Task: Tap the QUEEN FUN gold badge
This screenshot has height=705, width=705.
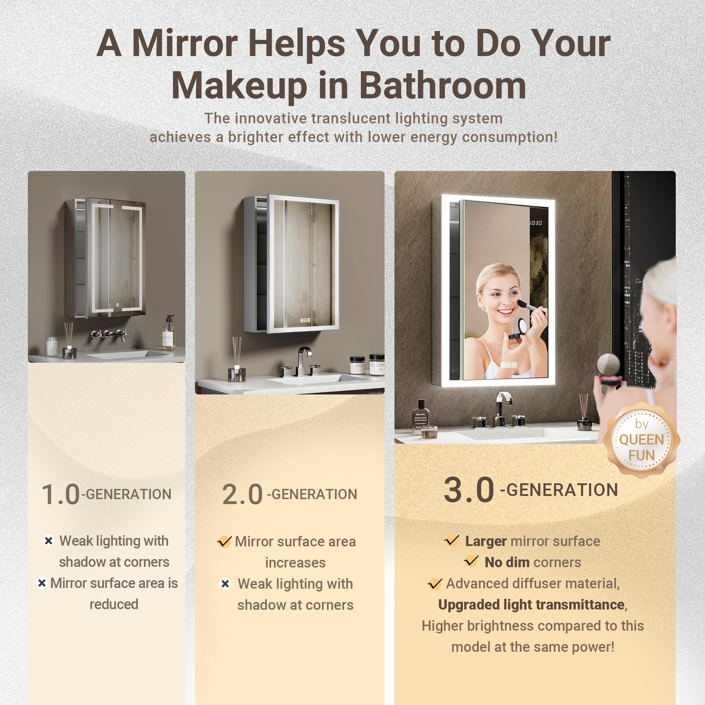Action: click(641, 440)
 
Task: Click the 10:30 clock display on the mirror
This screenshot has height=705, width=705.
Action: click(536, 222)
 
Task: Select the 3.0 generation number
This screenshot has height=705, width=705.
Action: click(468, 490)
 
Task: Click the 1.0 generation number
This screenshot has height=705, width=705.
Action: click(60, 495)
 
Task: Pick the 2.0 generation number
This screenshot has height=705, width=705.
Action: click(242, 495)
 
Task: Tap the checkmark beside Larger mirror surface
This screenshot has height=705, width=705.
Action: click(452, 540)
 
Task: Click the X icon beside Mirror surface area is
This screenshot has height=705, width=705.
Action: click(42, 583)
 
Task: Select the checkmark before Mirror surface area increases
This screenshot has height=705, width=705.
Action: click(224, 541)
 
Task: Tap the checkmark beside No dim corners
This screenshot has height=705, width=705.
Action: click(471, 561)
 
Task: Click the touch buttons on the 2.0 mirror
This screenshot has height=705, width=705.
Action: click(305, 320)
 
